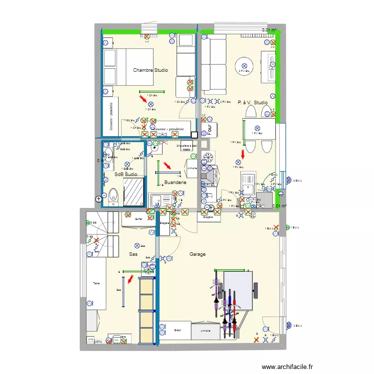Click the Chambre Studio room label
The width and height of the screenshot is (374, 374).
(x=150, y=70)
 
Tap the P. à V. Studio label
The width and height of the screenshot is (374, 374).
(x=252, y=103)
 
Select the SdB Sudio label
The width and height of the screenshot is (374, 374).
(x=126, y=175)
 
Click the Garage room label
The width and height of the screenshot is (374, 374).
(x=197, y=254)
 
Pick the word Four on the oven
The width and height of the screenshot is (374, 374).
(x=210, y=130)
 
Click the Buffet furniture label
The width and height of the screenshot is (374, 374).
(x=139, y=219)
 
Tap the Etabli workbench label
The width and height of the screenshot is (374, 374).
(x=177, y=330)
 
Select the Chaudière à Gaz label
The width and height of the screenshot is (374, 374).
(x=187, y=146)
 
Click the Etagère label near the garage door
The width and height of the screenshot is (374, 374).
(x=208, y=217)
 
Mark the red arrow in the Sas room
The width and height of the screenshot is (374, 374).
(x=130, y=279)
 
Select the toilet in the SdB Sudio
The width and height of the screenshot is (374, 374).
(x=113, y=195)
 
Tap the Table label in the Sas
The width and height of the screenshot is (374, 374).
(x=96, y=283)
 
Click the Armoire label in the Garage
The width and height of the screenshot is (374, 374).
(x=205, y=331)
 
